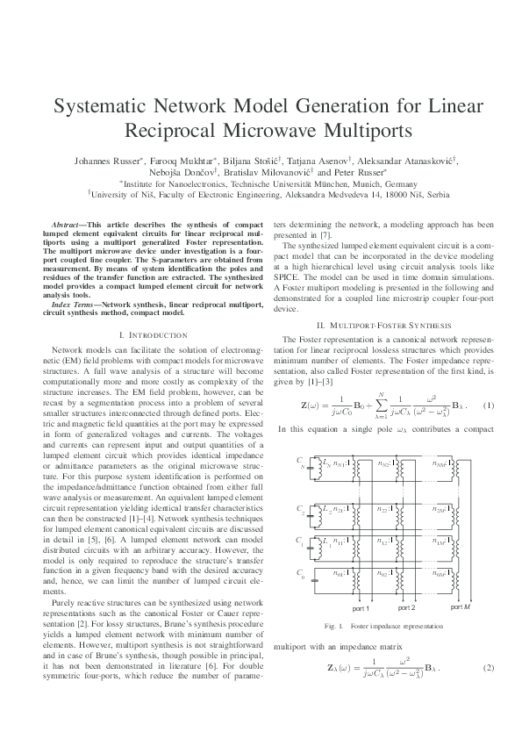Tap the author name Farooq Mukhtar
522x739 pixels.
[x=189, y=161]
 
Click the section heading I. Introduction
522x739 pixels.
[x=152, y=335]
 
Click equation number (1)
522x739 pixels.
[x=489, y=382]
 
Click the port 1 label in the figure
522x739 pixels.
[x=361, y=607]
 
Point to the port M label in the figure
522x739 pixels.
[x=461, y=606]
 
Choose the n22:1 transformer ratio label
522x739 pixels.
[x=384, y=509]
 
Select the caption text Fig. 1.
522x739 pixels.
[x=333, y=626]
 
